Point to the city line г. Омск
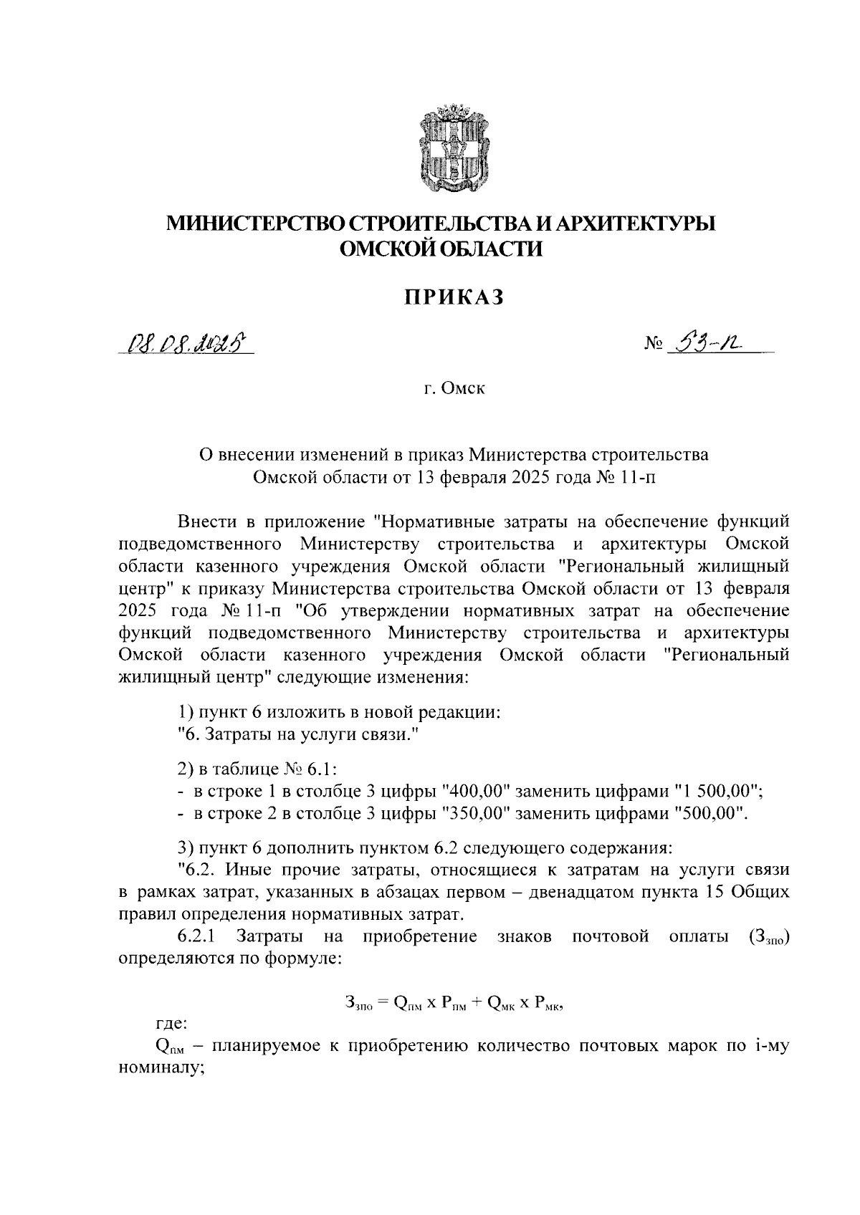click(453, 389)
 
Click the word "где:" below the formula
click(172, 1026)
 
